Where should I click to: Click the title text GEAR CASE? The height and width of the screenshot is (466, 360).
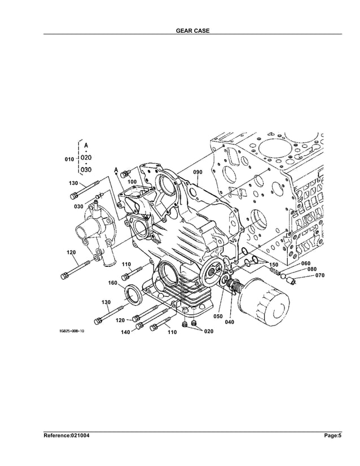pos(193,30)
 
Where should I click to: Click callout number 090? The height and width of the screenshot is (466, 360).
pos(197,172)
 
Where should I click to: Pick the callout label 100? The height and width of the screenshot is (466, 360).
pos(132,182)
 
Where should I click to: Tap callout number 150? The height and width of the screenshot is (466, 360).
pos(273,265)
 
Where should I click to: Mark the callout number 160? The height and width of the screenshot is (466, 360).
pos(113,283)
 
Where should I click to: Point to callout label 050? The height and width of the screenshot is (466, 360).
pos(217,316)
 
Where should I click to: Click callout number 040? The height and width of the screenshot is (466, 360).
pos(230,322)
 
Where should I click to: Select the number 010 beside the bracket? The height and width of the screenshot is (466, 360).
pos(69,160)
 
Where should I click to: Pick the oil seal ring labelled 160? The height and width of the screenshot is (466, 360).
pos(134,294)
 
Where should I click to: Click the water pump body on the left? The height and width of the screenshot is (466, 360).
pos(95,231)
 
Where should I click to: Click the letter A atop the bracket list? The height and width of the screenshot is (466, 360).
pos(86,146)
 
